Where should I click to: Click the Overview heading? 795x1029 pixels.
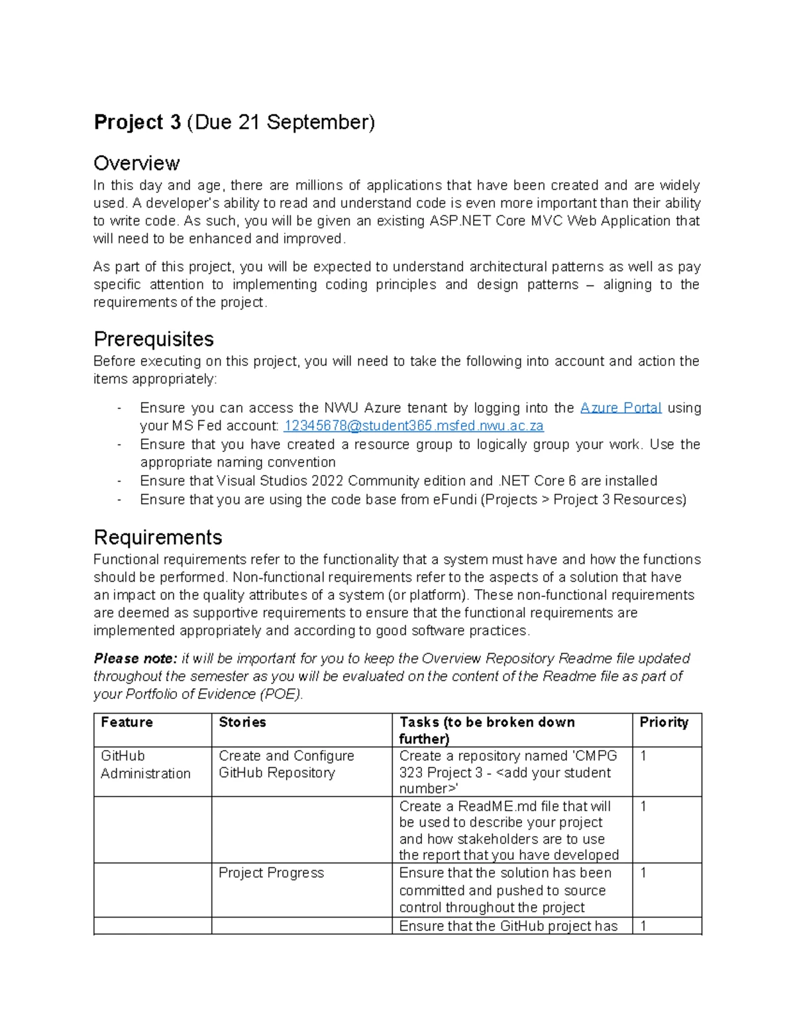(136, 163)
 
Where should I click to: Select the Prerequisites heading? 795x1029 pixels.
(154, 339)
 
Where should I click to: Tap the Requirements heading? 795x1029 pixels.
(158, 537)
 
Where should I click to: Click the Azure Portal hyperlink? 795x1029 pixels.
(621, 408)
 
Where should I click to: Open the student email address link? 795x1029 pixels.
(413, 426)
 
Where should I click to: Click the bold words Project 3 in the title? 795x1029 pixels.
(137, 123)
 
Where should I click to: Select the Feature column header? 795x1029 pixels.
(127, 722)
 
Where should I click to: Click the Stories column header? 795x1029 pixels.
(242, 722)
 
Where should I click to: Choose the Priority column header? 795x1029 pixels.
(664, 722)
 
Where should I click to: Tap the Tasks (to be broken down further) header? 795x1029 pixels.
(487, 730)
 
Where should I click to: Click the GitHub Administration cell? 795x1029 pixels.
(146, 765)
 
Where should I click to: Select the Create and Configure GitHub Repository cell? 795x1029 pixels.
(286, 765)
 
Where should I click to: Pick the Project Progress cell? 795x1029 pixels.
(271, 873)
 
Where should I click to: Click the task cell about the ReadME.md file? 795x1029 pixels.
(508, 830)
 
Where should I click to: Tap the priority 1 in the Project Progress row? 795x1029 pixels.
(643, 873)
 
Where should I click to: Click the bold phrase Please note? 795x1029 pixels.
(135, 659)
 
